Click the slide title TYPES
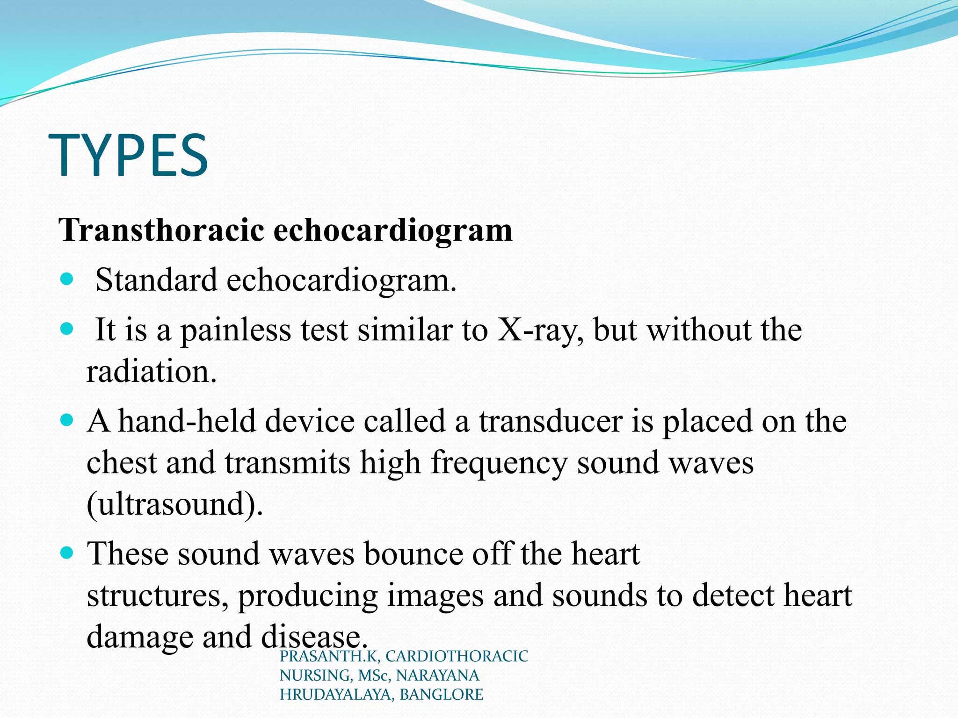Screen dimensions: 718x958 point(128,155)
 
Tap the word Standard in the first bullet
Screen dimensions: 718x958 point(156,280)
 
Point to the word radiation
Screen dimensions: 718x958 point(151,372)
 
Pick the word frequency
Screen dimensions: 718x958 point(499,463)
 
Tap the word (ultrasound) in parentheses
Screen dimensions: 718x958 point(174,504)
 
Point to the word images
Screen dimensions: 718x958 point(435,596)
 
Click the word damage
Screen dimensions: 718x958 point(139,637)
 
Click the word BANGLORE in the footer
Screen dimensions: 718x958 point(441,695)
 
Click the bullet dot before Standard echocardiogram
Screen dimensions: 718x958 point(67,280)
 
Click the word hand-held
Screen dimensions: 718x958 point(187,421)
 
